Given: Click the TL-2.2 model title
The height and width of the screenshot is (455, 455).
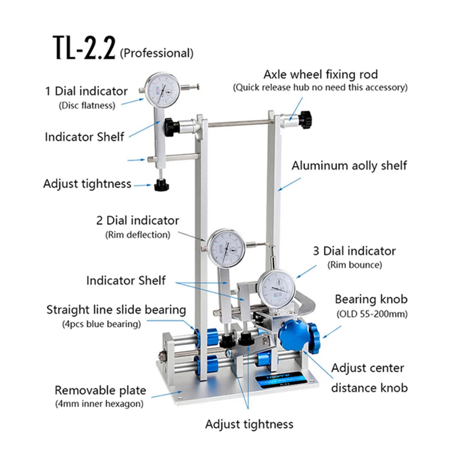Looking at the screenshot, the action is pyautogui.click(x=84, y=48).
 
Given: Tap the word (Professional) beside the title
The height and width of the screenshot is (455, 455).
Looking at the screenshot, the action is pyautogui.click(x=157, y=53).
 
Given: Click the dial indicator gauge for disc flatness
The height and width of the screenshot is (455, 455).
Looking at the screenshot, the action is pyautogui.click(x=162, y=90).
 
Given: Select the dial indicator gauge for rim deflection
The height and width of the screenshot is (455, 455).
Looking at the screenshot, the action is pyautogui.click(x=226, y=248).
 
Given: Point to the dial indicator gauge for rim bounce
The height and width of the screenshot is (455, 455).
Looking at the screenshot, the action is pyautogui.click(x=276, y=289).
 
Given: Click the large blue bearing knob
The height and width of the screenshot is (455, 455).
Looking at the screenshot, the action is pyautogui.click(x=293, y=336).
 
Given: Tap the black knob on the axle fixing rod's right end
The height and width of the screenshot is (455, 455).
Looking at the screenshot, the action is pyautogui.click(x=306, y=120).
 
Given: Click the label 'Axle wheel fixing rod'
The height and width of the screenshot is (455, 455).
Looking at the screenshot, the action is pyautogui.click(x=321, y=75).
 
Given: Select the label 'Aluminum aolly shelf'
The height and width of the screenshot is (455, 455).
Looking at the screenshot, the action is pyautogui.click(x=349, y=166).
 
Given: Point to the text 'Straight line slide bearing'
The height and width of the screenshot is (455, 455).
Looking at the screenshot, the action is pyautogui.click(x=116, y=310).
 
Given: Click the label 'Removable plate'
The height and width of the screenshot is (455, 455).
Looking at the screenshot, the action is pyautogui.click(x=101, y=390).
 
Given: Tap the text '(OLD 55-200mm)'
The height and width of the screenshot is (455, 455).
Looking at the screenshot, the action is pyautogui.click(x=372, y=314).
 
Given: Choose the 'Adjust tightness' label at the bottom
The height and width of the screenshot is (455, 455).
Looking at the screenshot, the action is pyautogui.click(x=249, y=424).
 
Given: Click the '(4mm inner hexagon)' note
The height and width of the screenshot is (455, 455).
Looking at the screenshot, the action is pyautogui.click(x=99, y=404).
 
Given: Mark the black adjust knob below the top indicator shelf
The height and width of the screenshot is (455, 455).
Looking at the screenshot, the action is pyautogui.click(x=162, y=185).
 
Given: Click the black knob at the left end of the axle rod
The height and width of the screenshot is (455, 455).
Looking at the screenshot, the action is pyautogui.click(x=172, y=126).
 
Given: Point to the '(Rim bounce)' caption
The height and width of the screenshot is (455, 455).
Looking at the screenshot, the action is pyautogui.click(x=354, y=265).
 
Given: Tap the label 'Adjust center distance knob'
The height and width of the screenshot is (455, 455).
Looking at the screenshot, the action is pyautogui.click(x=369, y=378).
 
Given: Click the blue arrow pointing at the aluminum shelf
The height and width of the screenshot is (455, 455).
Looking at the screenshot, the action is pyautogui.click(x=289, y=184).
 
